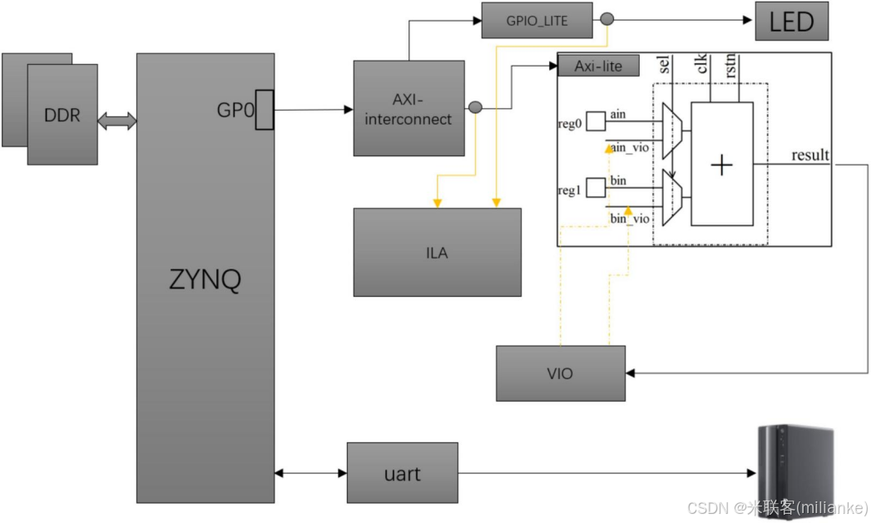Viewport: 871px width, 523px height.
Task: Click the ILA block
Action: (x=437, y=252)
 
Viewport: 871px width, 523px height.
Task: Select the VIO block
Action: (x=560, y=373)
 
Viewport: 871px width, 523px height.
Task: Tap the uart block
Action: (x=402, y=473)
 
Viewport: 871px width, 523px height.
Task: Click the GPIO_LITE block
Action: (x=537, y=21)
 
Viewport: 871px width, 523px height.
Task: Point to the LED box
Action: (x=791, y=22)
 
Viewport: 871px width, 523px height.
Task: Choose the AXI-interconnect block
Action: (x=408, y=108)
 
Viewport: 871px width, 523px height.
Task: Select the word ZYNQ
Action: (x=205, y=279)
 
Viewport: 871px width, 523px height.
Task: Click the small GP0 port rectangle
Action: (x=264, y=110)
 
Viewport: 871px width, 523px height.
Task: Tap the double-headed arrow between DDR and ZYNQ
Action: (x=117, y=121)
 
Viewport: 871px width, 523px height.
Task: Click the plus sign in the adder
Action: (x=721, y=165)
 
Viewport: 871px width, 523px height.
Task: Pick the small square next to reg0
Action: (x=596, y=121)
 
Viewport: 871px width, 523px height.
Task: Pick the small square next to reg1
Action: (x=596, y=188)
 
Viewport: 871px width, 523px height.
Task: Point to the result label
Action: (x=809, y=155)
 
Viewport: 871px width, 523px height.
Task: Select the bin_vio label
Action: (x=630, y=219)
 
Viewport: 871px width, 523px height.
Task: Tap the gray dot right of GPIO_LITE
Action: (x=607, y=19)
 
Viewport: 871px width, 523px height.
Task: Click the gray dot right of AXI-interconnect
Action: (x=475, y=107)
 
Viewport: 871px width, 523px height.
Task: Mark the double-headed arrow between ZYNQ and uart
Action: (x=310, y=473)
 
